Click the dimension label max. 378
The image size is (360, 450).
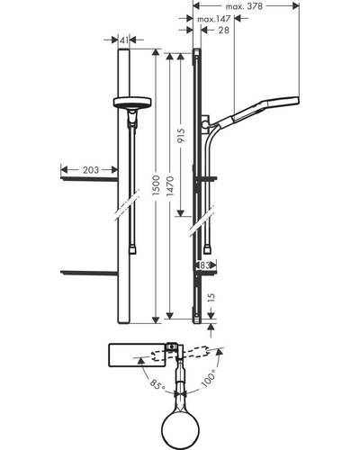(x=244, y=6)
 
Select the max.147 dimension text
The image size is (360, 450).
(x=213, y=19)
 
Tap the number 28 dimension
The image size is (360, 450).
(x=223, y=30)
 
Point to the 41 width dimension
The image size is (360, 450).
(x=123, y=40)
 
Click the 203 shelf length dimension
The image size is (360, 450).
(x=91, y=170)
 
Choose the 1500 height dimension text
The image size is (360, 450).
(x=157, y=186)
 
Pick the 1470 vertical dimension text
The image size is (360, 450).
(x=171, y=186)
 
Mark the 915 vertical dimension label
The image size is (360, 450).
(x=181, y=136)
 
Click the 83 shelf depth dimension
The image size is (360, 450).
(x=204, y=265)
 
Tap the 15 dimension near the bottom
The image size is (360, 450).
(x=211, y=297)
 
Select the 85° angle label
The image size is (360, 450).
(x=157, y=385)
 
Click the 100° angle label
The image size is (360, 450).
(x=209, y=379)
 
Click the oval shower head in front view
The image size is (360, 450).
(x=132, y=103)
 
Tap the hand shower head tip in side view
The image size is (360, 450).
(x=296, y=101)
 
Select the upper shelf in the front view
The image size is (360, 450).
(x=89, y=179)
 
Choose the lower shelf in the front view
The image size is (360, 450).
(x=89, y=273)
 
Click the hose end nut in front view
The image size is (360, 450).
(x=132, y=250)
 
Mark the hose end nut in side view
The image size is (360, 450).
(x=207, y=250)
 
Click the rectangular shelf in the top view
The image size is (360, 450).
(x=137, y=355)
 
